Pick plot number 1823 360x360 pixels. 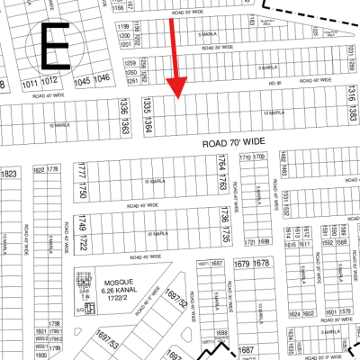coord(9,175)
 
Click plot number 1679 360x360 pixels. coord(242,263)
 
